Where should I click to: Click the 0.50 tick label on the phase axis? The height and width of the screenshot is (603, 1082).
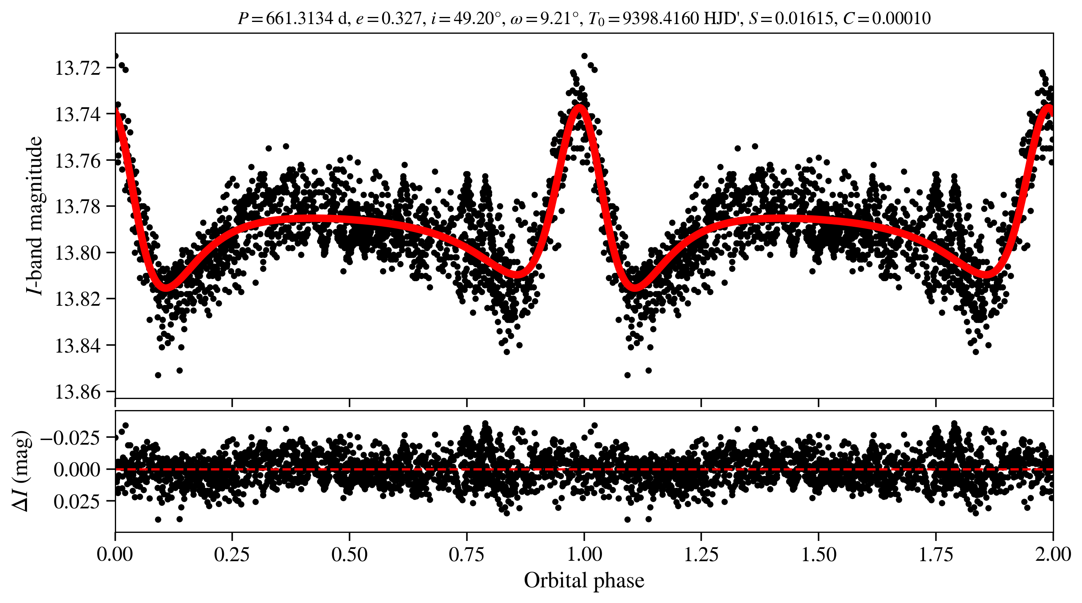click(x=349, y=554)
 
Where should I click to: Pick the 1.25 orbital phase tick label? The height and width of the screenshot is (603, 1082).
click(x=701, y=554)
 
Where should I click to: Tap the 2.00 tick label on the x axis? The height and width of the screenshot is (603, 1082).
click(x=1053, y=554)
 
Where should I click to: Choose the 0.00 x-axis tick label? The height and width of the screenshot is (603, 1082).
click(x=115, y=554)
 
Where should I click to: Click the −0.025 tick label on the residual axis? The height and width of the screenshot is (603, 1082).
click(x=71, y=437)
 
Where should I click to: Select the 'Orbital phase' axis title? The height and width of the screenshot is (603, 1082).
click(x=584, y=581)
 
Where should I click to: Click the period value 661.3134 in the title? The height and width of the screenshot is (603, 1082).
click(x=299, y=19)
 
